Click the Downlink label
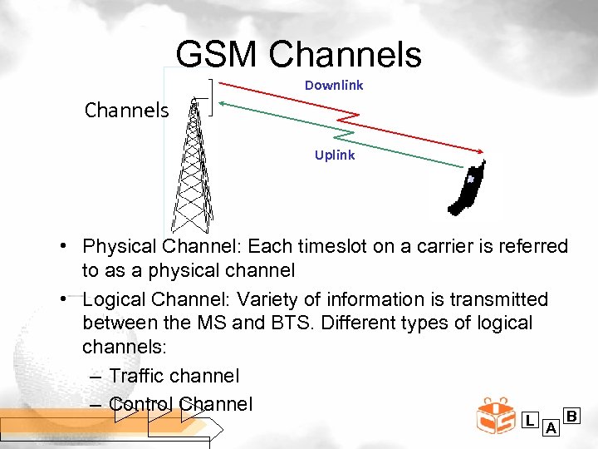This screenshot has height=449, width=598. coord(334,85)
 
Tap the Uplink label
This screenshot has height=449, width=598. coord(335,155)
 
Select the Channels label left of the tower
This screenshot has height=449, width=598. coord(126,110)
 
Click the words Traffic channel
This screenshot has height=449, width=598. coord(174,376)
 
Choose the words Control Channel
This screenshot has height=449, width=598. coord(180,404)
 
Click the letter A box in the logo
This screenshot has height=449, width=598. coord(550,428)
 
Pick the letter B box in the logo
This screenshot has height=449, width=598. coord(571,415)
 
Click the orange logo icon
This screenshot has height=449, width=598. coord(496,416)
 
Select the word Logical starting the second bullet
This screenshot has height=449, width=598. coord(115,299)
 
